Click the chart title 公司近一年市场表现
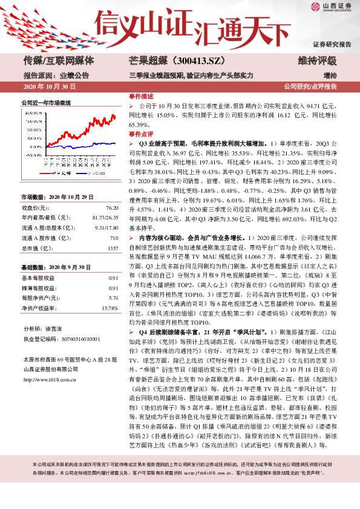tap(46, 103)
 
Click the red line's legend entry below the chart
tap(60, 172)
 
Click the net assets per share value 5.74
tap(113, 297)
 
